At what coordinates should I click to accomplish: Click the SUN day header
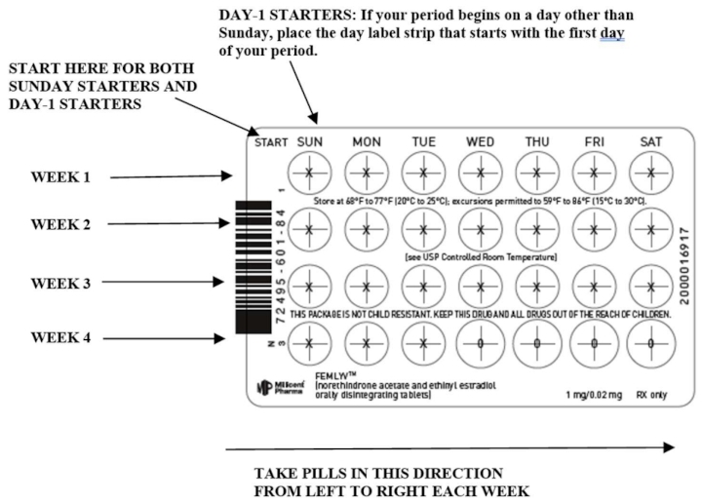point(309,142)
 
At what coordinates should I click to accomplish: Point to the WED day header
point(480,142)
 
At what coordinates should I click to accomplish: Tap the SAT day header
point(650,142)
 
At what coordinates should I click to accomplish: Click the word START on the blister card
point(270,142)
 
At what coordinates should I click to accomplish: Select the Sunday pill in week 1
point(309,173)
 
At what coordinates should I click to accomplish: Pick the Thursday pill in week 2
point(536,230)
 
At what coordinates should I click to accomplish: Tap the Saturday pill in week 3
point(650,288)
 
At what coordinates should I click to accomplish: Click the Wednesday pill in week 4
point(480,343)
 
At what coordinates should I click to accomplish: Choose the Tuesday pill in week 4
point(423,343)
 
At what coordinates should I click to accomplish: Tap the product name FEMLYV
point(336,374)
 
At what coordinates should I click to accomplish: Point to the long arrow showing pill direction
point(448,447)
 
